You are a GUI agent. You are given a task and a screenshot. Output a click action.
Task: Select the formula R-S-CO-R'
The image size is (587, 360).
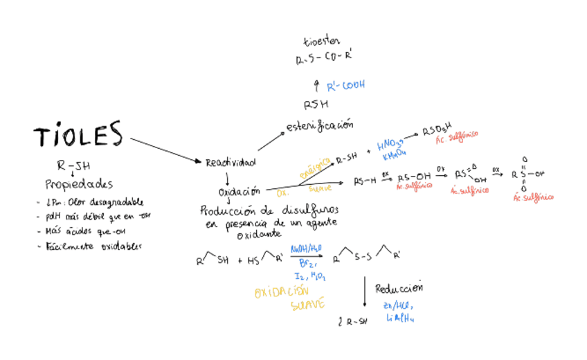(324, 60)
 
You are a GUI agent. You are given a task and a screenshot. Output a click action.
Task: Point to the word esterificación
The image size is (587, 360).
(320, 125)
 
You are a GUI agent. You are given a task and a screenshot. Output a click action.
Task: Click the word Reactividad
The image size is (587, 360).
(230, 162)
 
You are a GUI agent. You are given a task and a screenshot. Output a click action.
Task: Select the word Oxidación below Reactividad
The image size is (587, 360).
(240, 191)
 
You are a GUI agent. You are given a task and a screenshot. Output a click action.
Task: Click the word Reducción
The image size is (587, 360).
(399, 288)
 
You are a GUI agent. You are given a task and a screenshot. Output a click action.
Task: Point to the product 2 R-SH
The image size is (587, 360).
(352, 321)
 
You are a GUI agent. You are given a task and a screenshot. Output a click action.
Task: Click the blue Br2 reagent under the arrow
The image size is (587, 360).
(308, 264)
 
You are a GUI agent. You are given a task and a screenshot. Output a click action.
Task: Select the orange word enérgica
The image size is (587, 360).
(314, 168)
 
